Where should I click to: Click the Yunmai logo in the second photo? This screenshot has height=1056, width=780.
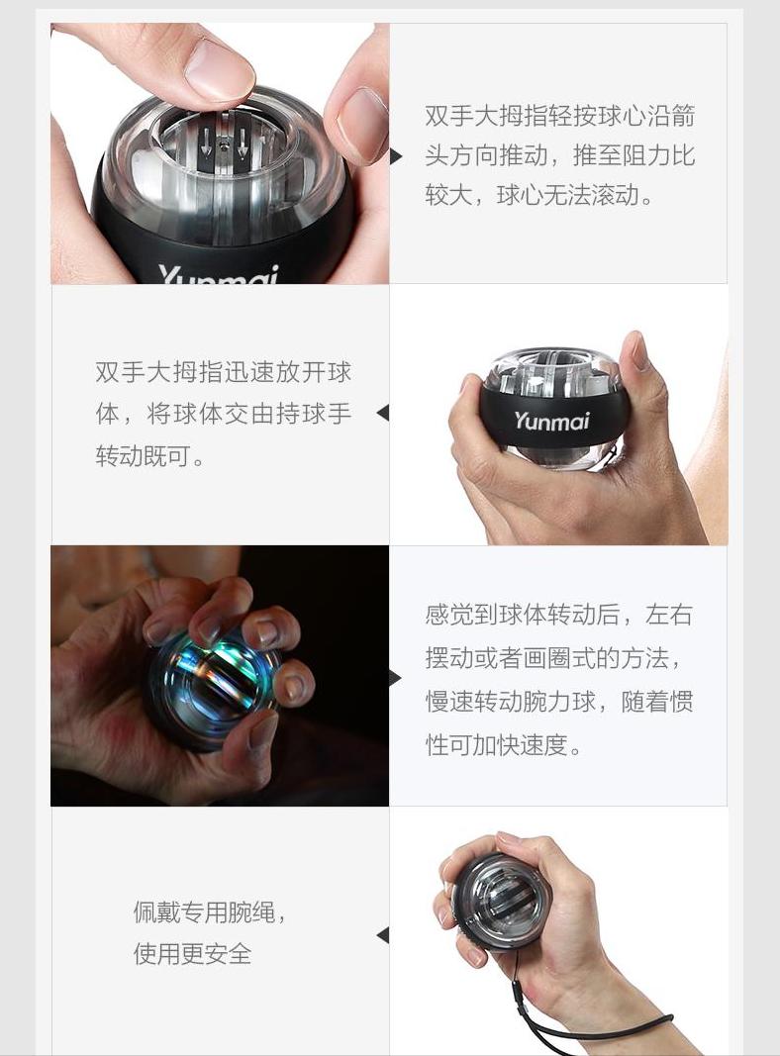point(551,421)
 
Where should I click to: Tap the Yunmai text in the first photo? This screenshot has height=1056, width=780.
point(219,275)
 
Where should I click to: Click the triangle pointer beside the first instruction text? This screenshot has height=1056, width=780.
point(396,156)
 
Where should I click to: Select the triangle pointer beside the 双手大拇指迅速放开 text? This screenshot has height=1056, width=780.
point(382,413)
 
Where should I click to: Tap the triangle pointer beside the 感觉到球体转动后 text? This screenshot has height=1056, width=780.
point(396,678)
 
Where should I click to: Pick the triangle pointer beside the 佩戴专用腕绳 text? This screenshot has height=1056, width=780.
point(382,935)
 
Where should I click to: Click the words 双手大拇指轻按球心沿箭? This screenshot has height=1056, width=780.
point(560,116)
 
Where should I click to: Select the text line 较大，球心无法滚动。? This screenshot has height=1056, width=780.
point(540,195)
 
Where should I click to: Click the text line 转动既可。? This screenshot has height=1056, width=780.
point(149,456)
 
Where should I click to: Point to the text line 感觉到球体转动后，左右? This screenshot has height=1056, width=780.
point(559,615)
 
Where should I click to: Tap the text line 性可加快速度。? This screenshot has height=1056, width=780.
point(504,745)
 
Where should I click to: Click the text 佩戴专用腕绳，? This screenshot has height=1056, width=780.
point(211,912)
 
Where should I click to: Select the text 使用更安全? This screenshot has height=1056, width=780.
point(193,954)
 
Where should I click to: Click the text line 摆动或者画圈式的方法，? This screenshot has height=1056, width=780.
point(553,658)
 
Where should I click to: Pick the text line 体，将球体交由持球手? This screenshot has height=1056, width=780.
point(224,413)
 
